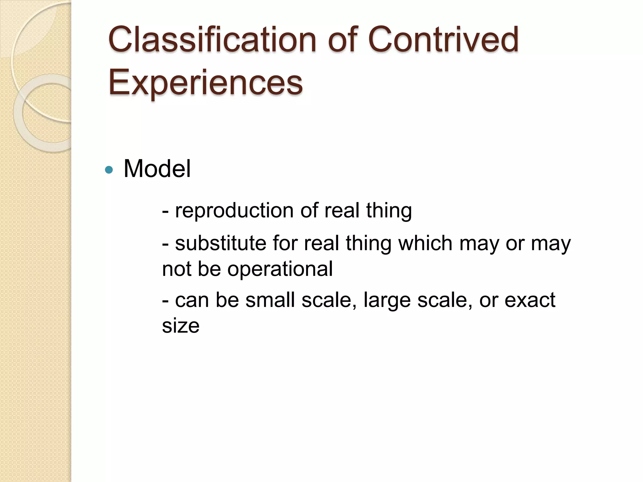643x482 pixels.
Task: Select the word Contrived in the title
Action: (443, 40)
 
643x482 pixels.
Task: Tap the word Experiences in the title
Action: (205, 83)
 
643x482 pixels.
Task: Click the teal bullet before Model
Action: (109, 170)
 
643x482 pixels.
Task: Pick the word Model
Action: (157, 169)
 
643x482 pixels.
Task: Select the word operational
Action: (280, 269)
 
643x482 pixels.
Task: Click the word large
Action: (387, 301)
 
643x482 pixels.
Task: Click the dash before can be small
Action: (165, 301)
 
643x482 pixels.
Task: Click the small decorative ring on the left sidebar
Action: (44, 113)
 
